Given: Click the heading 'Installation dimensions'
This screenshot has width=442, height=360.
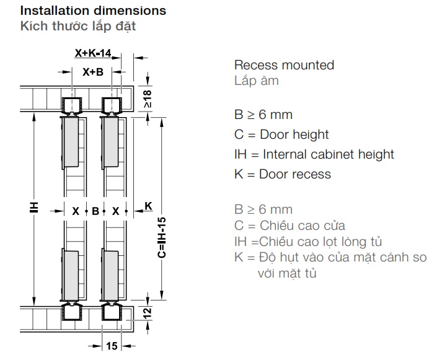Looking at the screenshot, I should pyautogui.click(x=93, y=11).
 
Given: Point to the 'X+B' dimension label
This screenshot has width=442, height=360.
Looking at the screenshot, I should pyautogui.click(x=93, y=72).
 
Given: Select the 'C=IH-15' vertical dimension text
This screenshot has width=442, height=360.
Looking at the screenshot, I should pyautogui.click(x=161, y=238).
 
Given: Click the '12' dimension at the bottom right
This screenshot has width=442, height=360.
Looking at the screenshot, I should pyautogui.click(x=147, y=314).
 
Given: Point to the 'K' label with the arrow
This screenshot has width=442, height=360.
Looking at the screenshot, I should pyautogui.click(x=148, y=205).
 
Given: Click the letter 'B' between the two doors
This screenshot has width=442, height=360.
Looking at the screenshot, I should pyautogui.click(x=95, y=211).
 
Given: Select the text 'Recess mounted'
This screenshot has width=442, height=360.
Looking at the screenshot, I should pyautogui.click(x=284, y=65).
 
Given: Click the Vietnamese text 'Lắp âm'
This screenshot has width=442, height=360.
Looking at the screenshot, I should pyautogui.click(x=257, y=81).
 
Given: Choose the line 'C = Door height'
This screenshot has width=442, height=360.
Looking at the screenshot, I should pyautogui.click(x=281, y=134).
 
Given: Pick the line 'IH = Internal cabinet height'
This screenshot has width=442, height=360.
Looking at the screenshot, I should pyautogui.click(x=314, y=154).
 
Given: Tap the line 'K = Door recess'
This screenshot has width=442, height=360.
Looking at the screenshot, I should pyautogui.click(x=283, y=174).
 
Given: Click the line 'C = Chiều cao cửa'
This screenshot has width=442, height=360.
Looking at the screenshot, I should pyautogui.click(x=290, y=226).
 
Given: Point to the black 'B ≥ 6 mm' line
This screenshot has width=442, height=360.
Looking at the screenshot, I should pyautogui.click(x=263, y=115).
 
